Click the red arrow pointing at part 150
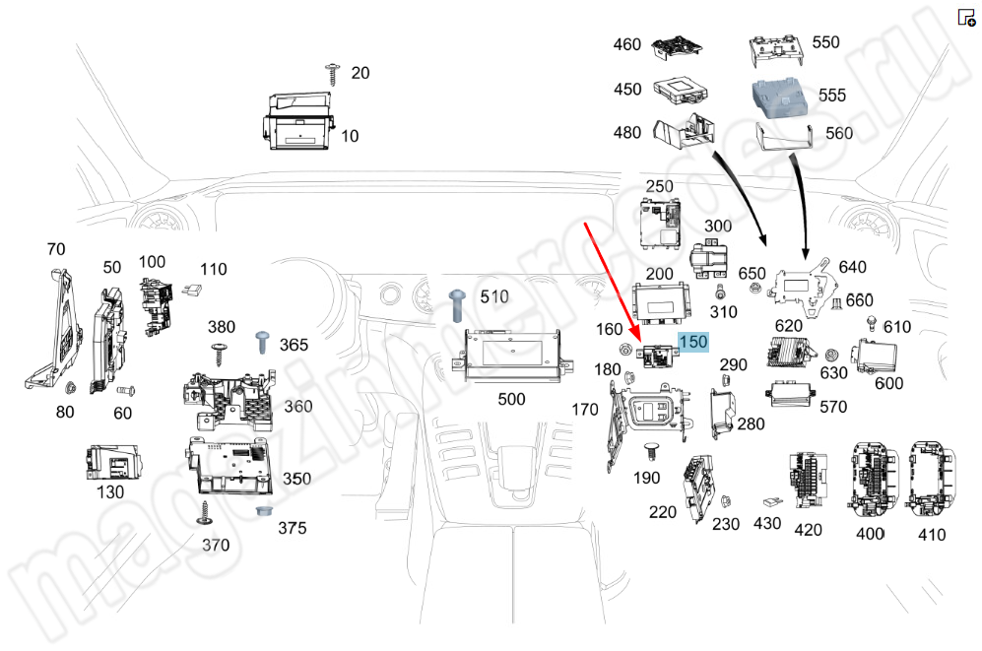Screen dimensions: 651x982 coord(616,286)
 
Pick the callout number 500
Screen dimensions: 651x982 coord(511,399)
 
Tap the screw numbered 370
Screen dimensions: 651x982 coord(206,511)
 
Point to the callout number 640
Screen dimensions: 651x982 coord(853,267)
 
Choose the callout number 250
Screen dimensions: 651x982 coord(659,186)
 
